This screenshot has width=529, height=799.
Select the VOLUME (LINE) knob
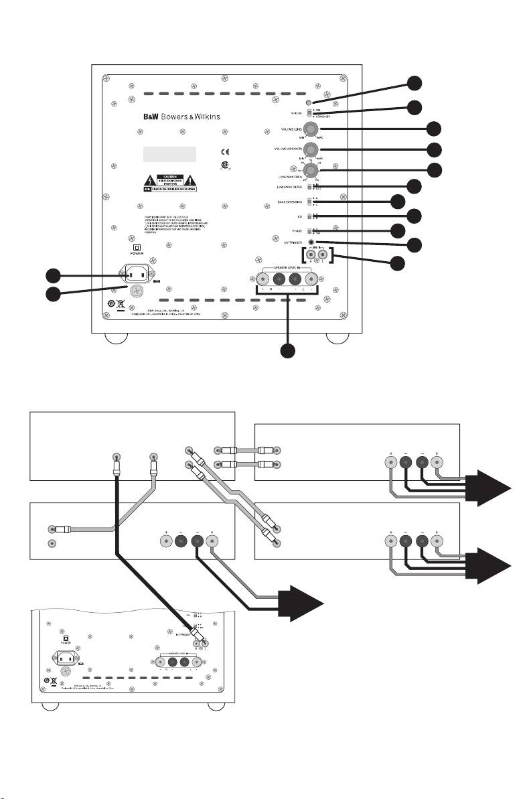pos(311,129)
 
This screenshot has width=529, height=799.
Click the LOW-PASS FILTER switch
pos(309,187)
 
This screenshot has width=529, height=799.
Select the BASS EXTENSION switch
pos(309,201)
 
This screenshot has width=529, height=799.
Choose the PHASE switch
pos(309,230)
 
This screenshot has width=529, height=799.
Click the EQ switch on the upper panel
pos(309,216)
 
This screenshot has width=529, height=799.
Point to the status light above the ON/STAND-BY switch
pos(308,101)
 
